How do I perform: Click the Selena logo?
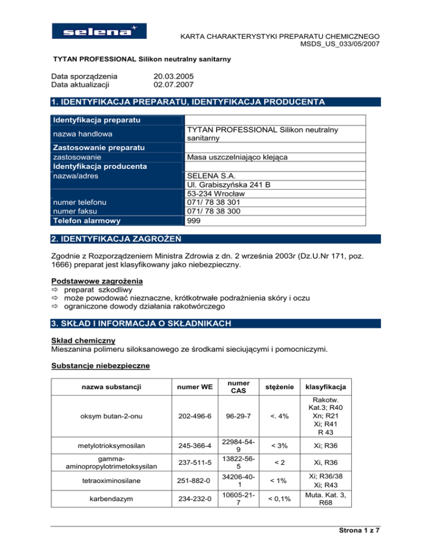point(98,31)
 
